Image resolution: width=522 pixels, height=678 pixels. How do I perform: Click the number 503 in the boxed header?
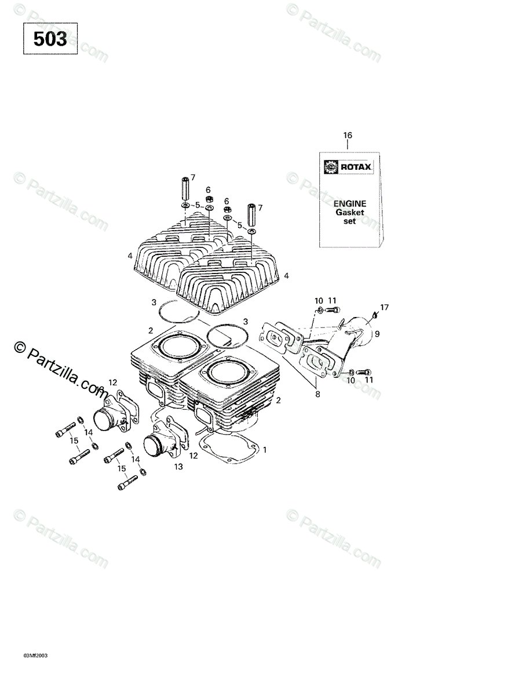[50, 39]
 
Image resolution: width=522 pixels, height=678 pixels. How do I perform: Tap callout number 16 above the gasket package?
[348, 136]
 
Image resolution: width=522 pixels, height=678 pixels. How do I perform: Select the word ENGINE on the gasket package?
[349, 203]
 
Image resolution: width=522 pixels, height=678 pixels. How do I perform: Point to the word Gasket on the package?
[349, 212]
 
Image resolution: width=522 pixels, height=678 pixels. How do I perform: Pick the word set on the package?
[349, 221]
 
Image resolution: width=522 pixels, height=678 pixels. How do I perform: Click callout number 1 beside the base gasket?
[265, 449]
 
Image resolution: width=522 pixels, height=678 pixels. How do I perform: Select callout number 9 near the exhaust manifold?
[377, 333]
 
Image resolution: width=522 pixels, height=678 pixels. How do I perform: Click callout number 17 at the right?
[384, 307]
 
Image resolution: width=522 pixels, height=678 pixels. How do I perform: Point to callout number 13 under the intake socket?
[178, 466]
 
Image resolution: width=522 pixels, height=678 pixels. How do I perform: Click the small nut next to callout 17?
[375, 315]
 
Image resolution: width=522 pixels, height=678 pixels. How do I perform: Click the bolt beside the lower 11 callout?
[363, 371]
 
